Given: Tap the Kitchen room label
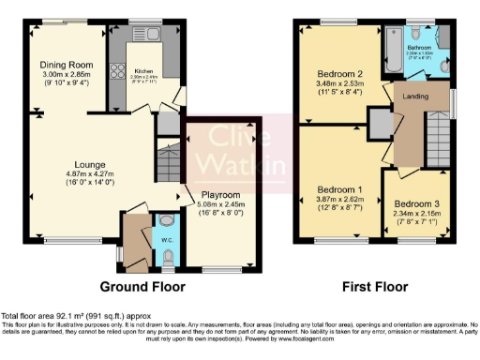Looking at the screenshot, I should click(142, 70).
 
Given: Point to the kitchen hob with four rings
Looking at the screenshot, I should click(119, 71).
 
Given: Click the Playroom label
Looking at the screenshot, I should click(221, 195).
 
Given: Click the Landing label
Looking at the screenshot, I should click(415, 96).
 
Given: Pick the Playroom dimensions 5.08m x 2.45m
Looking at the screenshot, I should click(221, 205).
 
